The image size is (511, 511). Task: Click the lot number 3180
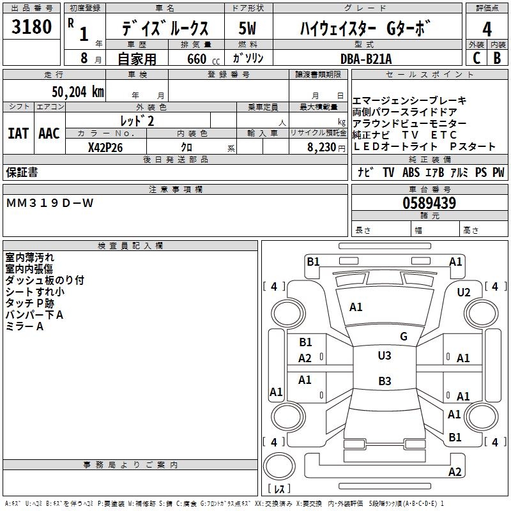(x=32, y=28)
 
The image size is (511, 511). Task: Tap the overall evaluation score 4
(x=487, y=30)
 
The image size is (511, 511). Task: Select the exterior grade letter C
(x=476, y=58)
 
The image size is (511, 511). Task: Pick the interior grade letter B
(x=498, y=58)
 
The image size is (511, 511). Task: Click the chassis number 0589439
(x=429, y=204)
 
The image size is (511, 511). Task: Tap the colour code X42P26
(x=105, y=147)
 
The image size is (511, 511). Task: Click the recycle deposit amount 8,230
(x=322, y=147)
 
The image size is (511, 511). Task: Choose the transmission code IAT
(x=19, y=133)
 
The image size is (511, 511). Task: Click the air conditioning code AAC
(x=49, y=133)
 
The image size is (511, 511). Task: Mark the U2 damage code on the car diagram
(x=464, y=293)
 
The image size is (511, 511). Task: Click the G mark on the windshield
(x=403, y=337)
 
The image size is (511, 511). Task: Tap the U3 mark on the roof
(x=385, y=356)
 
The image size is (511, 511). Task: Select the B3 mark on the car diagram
(x=385, y=381)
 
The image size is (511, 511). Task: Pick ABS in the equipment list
(x=411, y=172)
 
